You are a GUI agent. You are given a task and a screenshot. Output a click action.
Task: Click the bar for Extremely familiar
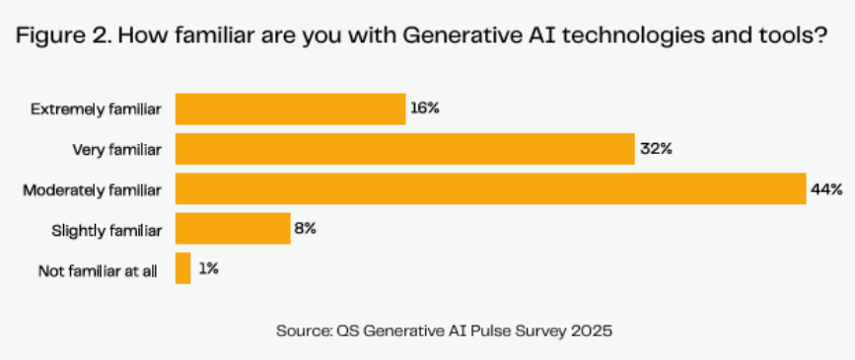click(x=291, y=109)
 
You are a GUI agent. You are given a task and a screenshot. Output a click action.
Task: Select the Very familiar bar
click(x=405, y=149)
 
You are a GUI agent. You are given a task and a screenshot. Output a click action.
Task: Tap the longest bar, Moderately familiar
click(x=491, y=188)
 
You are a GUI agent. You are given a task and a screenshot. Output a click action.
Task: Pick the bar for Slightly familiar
click(x=233, y=229)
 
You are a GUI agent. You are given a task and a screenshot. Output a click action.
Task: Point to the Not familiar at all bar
click(x=182, y=268)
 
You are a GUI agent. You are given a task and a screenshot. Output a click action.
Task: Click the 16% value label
click(x=425, y=108)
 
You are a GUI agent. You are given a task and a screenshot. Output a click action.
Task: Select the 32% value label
click(x=656, y=148)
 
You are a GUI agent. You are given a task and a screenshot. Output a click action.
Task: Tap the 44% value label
click(x=827, y=189)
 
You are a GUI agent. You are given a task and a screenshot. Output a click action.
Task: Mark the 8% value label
click(x=306, y=229)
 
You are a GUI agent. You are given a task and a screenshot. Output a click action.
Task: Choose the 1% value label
click(x=208, y=268)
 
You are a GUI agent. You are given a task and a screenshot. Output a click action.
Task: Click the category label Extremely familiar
click(x=96, y=109)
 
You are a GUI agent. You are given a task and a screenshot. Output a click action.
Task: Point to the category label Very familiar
click(x=117, y=150)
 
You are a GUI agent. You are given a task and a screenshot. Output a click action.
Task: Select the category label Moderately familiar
click(x=92, y=189)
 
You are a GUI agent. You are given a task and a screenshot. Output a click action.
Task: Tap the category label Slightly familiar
click(x=107, y=231)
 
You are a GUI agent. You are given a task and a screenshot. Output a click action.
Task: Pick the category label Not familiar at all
click(x=99, y=270)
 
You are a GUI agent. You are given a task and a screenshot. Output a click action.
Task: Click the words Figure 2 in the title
click(x=63, y=36)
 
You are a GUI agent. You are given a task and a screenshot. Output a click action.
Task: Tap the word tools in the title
click(x=796, y=36)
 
